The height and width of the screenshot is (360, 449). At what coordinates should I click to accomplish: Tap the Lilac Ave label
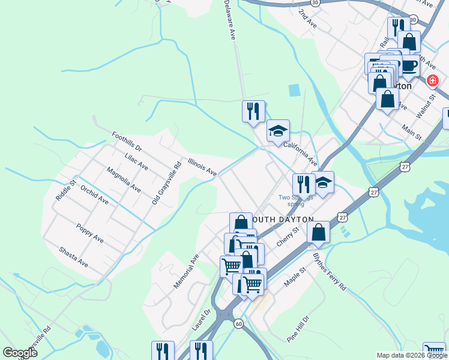[x=136, y=161]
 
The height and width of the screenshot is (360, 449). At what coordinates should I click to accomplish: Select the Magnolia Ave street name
[x=123, y=180]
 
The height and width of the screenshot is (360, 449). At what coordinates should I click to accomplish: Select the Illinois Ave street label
[x=202, y=167]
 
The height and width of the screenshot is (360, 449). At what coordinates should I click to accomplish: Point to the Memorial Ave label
[x=186, y=271]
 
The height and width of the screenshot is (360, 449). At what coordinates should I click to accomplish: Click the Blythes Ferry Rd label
[x=330, y=271]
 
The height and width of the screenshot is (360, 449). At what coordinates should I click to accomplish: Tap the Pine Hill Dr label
[x=298, y=329]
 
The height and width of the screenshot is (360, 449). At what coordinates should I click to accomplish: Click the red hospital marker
[x=432, y=81]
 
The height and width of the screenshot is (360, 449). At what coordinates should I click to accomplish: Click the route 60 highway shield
[x=239, y=324]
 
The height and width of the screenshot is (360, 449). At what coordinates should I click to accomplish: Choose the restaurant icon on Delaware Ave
[x=253, y=111]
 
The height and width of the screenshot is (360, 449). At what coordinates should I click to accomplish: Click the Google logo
[x=20, y=352]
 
